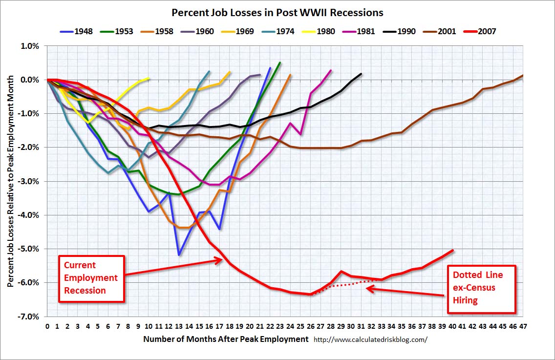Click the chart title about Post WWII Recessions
[x=277, y=12]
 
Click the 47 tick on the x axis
[x=523, y=325]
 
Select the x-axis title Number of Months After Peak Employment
[x=226, y=339]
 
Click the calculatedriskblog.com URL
[x=370, y=339]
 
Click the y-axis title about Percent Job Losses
[x=11, y=181]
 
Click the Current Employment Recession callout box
[x=91, y=278]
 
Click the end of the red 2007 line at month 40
[x=453, y=251]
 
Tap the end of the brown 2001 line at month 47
[x=523, y=76]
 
